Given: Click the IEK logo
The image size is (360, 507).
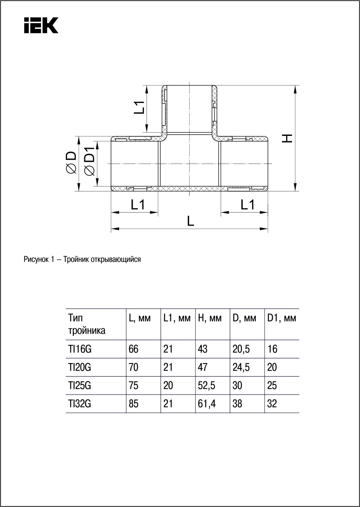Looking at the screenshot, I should (41, 25).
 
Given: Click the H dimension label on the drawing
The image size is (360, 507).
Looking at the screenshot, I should (287, 138).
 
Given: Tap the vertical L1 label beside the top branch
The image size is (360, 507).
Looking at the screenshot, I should (139, 107).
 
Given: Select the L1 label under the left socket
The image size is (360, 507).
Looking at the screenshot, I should (138, 205).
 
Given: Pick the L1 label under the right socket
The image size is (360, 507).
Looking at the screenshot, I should (248, 205).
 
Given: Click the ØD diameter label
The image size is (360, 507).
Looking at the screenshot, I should (71, 163).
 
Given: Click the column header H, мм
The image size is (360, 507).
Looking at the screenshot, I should (210, 319).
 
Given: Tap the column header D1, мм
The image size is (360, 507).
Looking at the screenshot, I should (282, 319).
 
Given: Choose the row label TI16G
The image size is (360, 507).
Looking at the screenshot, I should (80, 349).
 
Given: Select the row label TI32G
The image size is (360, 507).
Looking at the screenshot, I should (80, 404).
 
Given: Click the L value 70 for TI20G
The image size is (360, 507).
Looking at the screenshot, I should (134, 367).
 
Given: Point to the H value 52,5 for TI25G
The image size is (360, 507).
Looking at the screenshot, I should (207, 386).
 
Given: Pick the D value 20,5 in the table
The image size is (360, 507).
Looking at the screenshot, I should (241, 349).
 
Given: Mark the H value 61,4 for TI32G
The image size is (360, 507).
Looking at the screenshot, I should (207, 404).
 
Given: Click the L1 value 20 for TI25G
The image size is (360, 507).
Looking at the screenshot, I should (168, 386).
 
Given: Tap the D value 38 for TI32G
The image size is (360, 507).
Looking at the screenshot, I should (237, 404).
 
